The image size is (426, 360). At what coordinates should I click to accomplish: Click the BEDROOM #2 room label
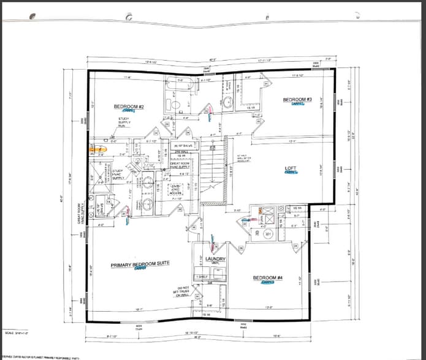pos(129,107)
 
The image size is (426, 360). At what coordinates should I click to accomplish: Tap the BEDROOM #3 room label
pos(298,100)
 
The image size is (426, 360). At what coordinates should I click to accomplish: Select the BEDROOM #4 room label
pos(268,278)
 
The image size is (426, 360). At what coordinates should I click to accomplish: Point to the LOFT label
pos(291,168)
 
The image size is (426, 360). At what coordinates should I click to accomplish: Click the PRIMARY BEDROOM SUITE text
pos(140,264)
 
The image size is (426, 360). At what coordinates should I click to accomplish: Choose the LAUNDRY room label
pos(215,259)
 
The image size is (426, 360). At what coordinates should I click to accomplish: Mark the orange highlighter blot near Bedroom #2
pos(97,148)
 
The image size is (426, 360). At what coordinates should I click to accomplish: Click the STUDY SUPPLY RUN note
pos(126,122)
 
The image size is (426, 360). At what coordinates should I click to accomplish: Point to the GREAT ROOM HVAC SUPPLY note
pos(180,164)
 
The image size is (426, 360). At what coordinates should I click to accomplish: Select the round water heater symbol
pos(268,233)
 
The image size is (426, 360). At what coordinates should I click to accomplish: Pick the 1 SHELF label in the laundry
pos(201,277)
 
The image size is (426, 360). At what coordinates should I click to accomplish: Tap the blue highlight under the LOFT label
pos(291,173)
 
